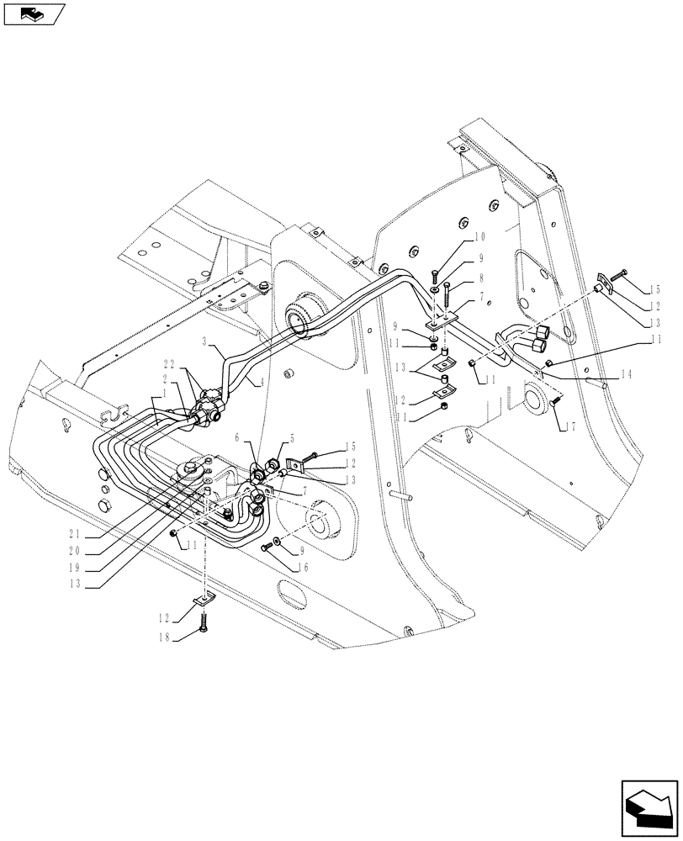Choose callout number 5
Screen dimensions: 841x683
click(x=292, y=437)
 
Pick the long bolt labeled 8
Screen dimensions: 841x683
click(x=447, y=295)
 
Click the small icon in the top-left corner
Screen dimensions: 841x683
click(x=34, y=13)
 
